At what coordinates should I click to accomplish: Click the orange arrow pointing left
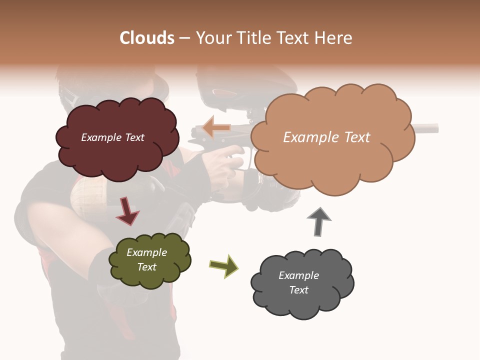click(216, 128)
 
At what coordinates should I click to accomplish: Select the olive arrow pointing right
click(224, 265)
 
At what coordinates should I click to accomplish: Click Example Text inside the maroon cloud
click(112, 137)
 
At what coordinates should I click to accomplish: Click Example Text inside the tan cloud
click(326, 137)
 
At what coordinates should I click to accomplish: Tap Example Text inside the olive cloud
click(147, 259)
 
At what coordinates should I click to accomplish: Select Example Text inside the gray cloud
click(298, 282)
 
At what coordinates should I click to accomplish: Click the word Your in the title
click(211, 38)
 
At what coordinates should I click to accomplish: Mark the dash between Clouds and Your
click(184, 38)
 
